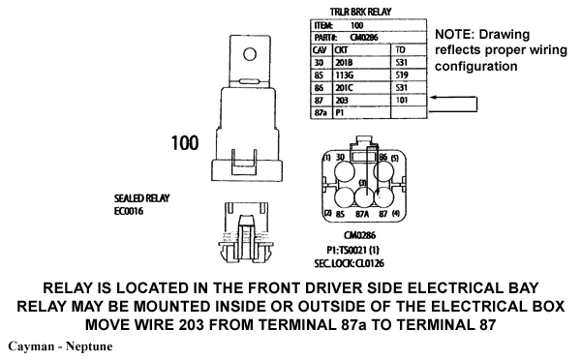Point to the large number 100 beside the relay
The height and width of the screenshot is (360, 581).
184,143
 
